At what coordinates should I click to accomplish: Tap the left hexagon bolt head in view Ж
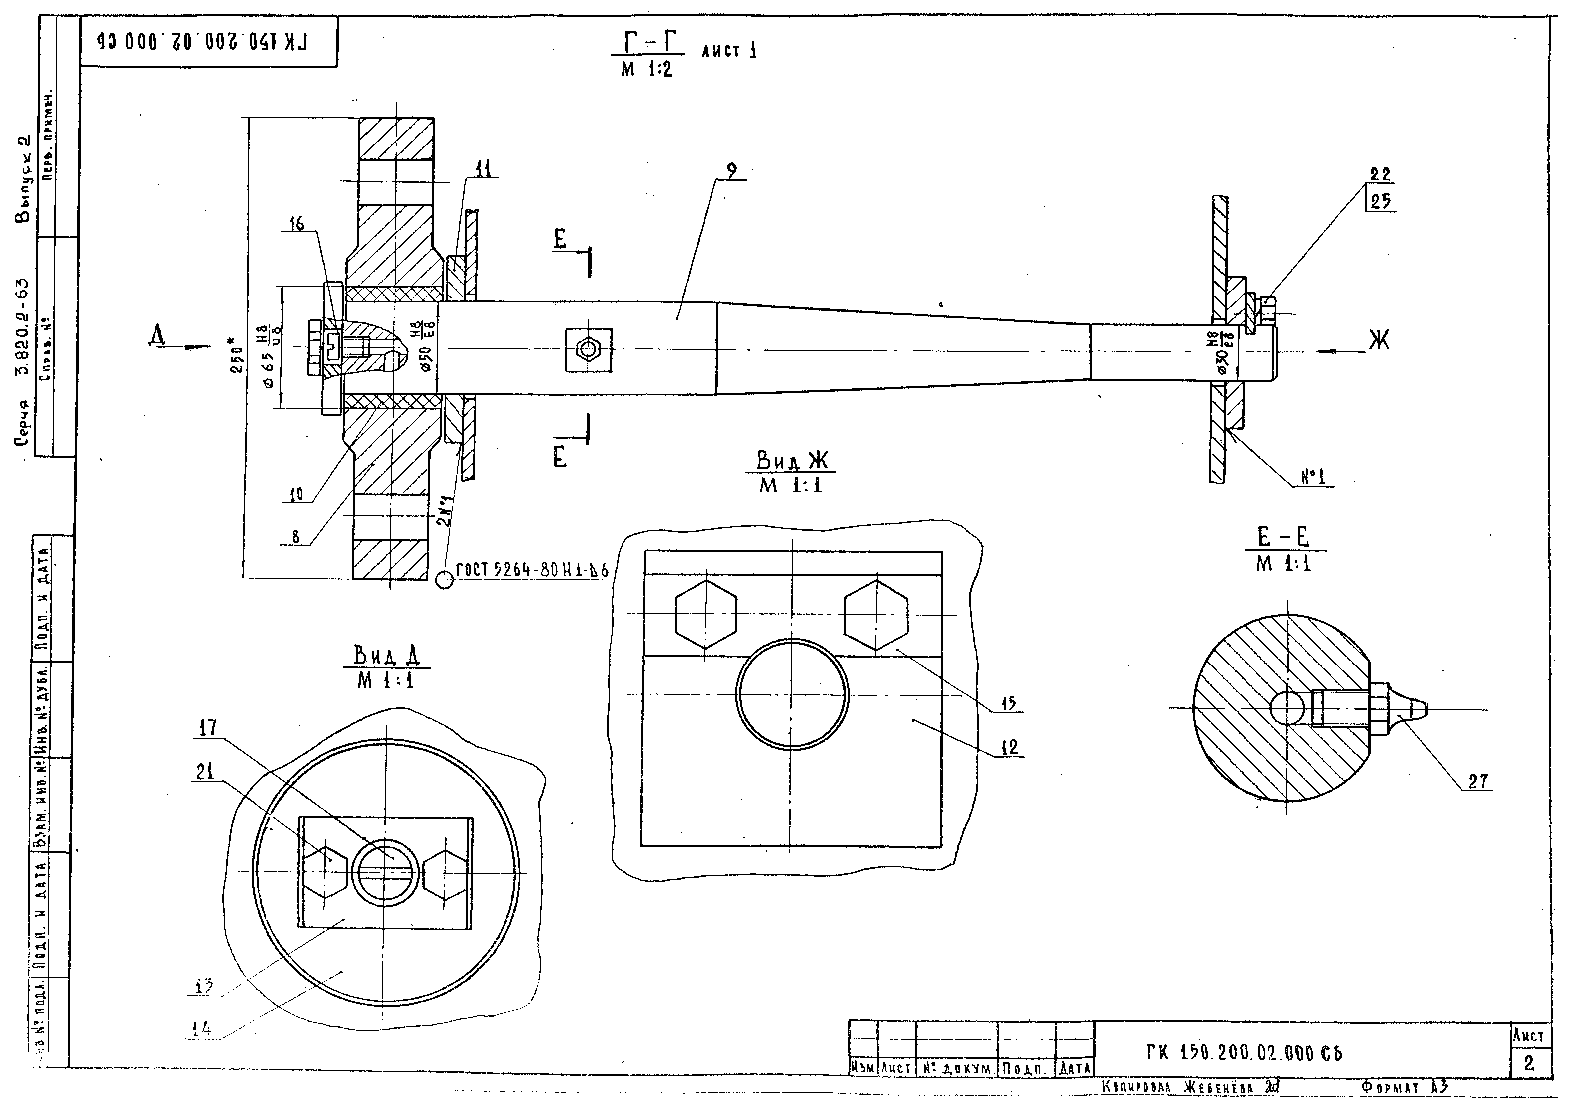(x=706, y=615)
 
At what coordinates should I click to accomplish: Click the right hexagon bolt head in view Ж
(x=876, y=615)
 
